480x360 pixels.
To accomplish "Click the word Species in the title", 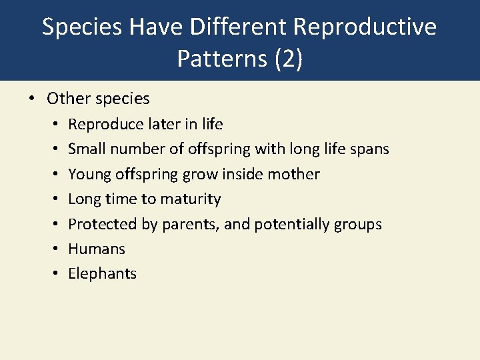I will pos(83,27).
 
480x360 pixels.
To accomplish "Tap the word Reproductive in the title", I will pos(365,27).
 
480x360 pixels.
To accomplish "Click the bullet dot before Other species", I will pos(31,99).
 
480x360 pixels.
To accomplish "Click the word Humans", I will pos(97,249).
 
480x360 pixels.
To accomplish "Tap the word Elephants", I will pos(102,274).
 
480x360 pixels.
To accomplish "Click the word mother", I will pos(294,175).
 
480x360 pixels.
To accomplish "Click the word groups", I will pos(359,225).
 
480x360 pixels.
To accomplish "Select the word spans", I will pos(369,149).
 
